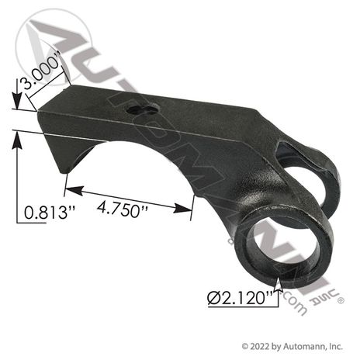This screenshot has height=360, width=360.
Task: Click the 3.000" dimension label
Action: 41,70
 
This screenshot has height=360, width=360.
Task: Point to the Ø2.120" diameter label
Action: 241,298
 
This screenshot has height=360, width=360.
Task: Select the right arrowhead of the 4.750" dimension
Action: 182,208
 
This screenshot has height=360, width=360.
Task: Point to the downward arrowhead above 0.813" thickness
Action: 17,101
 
